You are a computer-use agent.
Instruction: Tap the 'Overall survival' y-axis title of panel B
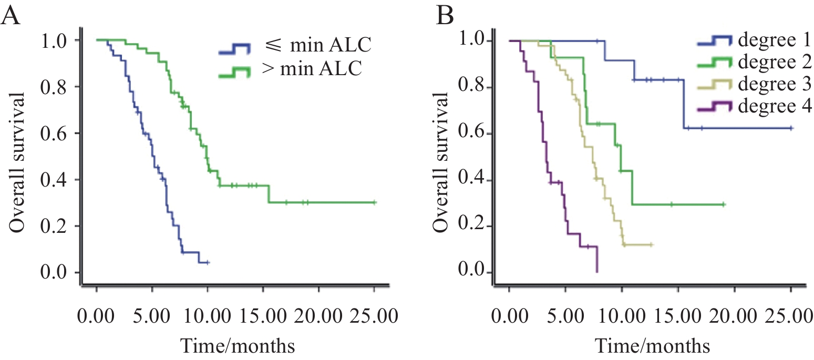[440, 163]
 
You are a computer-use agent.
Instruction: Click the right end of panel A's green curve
[375, 202]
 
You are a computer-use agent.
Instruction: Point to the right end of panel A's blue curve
[209, 262]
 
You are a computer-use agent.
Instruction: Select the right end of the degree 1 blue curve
[791, 128]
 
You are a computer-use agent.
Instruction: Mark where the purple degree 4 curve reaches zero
[597, 272]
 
